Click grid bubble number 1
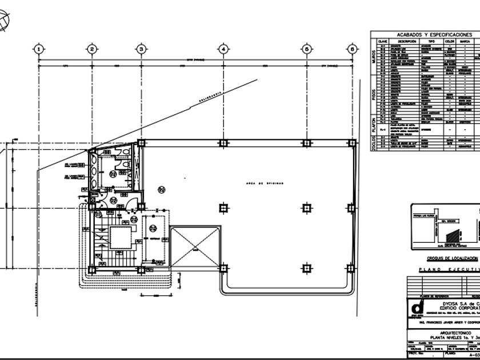(x=38, y=49)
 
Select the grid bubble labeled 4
(x=223, y=49)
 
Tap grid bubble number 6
(x=352, y=49)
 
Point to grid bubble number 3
(x=141, y=49)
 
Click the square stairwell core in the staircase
(x=122, y=235)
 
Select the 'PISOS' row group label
(x=374, y=95)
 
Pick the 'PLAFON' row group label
(x=374, y=126)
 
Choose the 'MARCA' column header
(x=465, y=42)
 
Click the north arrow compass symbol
(x=3, y=22)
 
